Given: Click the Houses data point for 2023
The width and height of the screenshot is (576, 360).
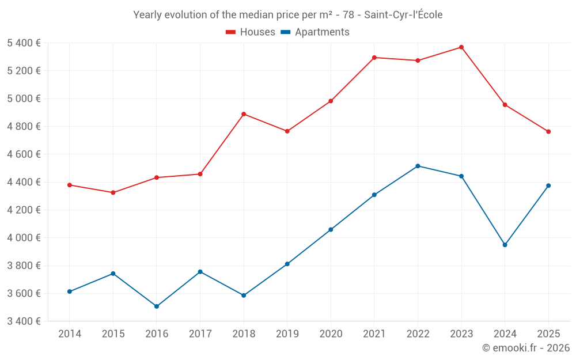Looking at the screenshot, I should (x=461, y=47).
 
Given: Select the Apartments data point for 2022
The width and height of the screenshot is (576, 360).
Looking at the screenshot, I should (x=418, y=166).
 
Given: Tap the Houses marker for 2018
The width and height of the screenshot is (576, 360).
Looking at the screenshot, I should (x=244, y=114).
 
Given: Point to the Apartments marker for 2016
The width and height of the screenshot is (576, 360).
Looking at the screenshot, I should (x=157, y=306).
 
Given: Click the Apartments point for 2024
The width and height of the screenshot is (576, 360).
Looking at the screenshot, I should (x=505, y=245).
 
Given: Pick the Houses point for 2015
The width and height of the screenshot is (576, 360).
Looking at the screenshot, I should (x=113, y=192).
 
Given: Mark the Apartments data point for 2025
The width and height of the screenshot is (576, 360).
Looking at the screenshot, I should (x=548, y=185).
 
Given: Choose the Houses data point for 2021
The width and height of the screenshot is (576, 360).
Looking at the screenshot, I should (x=374, y=58).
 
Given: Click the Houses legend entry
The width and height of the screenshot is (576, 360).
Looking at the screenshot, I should (x=251, y=32).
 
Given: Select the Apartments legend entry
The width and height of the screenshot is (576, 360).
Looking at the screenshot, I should (x=315, y=32).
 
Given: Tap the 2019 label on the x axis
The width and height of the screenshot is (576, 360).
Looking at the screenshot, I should (x=287, y=334).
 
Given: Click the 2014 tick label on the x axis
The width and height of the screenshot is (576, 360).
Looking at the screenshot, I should (x=69, y=334).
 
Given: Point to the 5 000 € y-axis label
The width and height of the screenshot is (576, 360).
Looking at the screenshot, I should (x=24, y=98).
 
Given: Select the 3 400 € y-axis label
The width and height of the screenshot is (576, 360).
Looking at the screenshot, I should (x=24, y=321).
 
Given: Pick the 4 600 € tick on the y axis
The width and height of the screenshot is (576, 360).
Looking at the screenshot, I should (x=24, y=154).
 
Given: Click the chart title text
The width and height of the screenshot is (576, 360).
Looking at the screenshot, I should (x=288, y=15).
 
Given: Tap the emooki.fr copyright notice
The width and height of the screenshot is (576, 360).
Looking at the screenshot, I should (x=526, y=347).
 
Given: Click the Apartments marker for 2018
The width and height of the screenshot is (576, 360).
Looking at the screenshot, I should (x=244, y=295).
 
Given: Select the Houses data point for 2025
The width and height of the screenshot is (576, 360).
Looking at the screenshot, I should (x=548, y=131).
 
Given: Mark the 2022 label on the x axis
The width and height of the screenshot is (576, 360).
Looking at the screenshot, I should (x=418, y=334).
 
